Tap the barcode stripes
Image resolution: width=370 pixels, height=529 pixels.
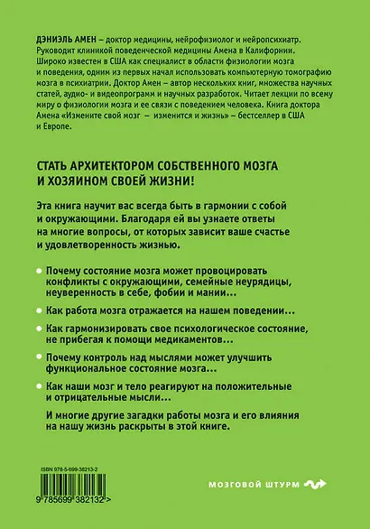click(79, 491)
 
